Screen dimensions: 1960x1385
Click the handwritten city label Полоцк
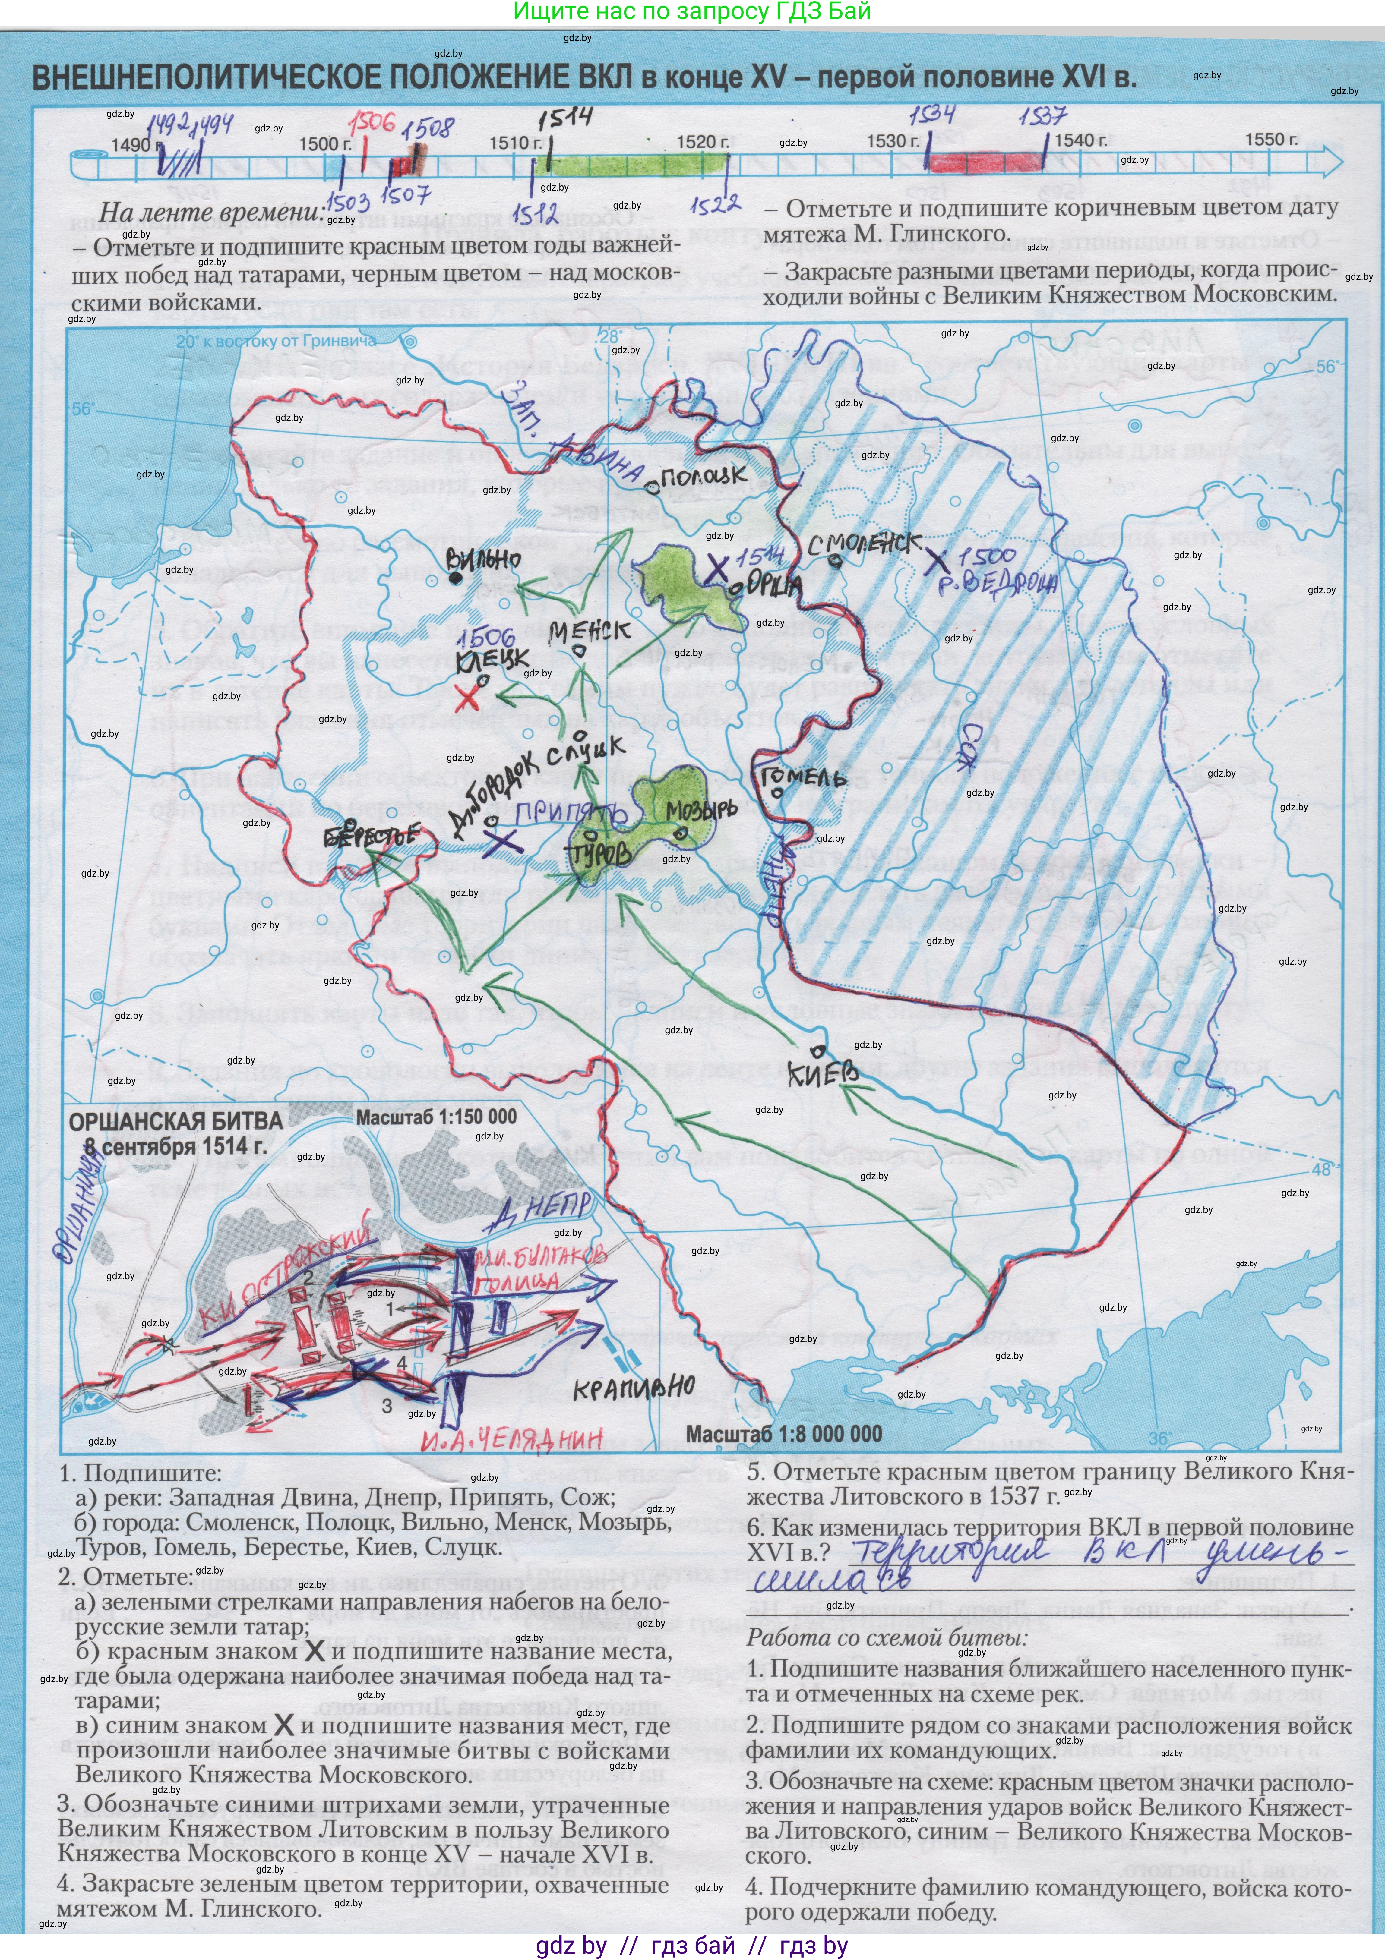coord(702,476)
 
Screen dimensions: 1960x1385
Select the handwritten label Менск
coord(589,632)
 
